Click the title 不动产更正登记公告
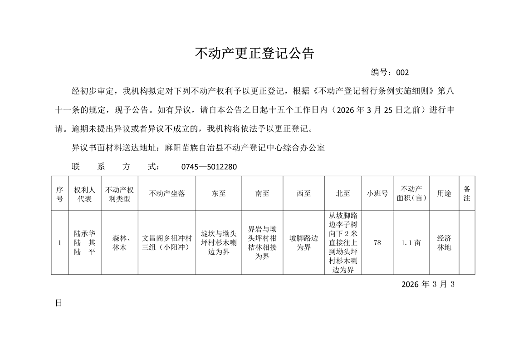[254, 54]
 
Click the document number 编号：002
[390, 73]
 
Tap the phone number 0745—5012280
[209, 167]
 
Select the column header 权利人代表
[84, 194]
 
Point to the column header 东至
[219, 193]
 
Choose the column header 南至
[262, 193]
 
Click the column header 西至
[303, 193]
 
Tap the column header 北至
[343, 193]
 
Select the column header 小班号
[377, 193]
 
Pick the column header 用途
[444, 193]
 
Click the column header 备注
[467, 193]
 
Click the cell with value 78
[377, 243]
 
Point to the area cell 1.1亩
[411, 243]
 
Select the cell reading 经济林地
[444, 243]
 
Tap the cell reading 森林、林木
[119, 243]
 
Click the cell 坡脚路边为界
[303, 243]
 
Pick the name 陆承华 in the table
[84, 234]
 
